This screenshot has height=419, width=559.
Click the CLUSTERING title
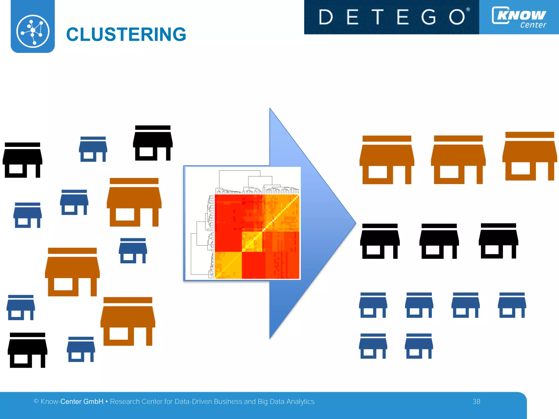126,35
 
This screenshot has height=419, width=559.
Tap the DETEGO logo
391,17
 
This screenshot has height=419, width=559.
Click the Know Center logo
519,17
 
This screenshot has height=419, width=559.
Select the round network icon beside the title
33,31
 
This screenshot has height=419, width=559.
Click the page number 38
476,402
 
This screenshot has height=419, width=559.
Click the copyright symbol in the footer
36,401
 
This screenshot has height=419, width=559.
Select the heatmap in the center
257,236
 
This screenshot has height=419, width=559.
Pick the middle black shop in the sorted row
439,241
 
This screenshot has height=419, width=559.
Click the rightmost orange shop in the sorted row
530,156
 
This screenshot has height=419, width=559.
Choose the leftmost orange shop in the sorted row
387,160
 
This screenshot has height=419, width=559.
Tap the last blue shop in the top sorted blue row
512,305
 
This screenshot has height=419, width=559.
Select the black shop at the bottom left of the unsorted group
27,350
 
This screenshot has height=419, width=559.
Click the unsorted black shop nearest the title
153,143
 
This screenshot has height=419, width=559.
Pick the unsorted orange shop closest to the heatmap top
134,202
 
